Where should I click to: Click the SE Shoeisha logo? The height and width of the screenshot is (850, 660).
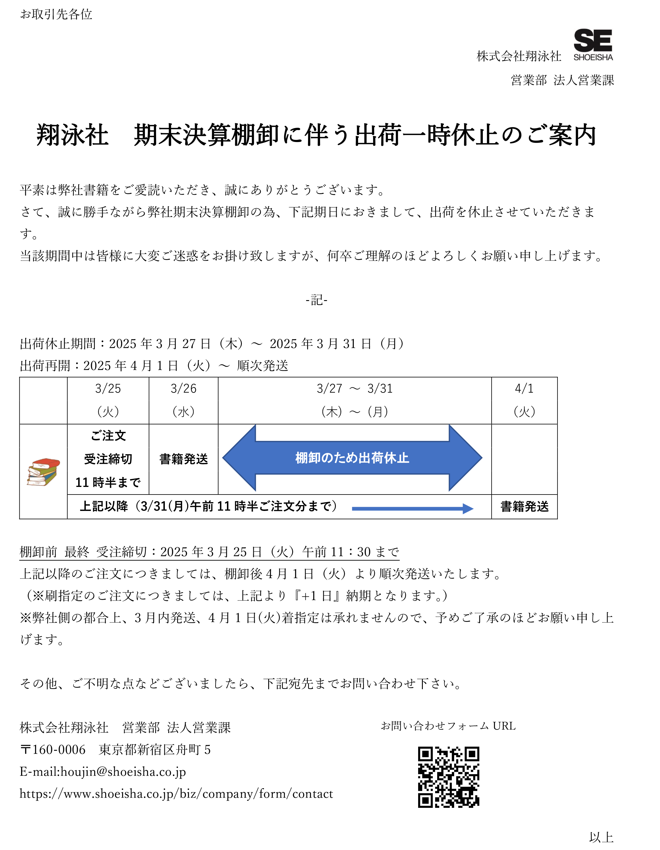593,45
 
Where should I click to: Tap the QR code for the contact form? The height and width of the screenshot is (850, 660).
449,777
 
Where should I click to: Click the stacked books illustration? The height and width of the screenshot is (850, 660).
43,472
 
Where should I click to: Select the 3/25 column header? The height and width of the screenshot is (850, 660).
108,400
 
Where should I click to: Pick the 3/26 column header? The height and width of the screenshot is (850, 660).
183,400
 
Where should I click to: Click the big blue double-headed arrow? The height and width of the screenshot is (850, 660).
352,458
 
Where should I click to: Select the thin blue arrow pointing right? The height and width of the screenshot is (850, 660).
413,508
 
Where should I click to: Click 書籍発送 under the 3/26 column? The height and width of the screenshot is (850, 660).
184,459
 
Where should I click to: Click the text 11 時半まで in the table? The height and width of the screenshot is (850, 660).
108,483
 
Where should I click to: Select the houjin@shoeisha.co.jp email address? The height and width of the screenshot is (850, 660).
123,772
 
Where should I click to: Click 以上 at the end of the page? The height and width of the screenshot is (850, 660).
601,837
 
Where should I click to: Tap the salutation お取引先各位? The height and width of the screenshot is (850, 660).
56,14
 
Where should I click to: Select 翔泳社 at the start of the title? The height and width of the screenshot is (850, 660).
72,136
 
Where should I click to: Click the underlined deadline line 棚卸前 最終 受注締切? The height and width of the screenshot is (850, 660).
209,552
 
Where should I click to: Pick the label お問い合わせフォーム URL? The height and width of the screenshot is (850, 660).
448,726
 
